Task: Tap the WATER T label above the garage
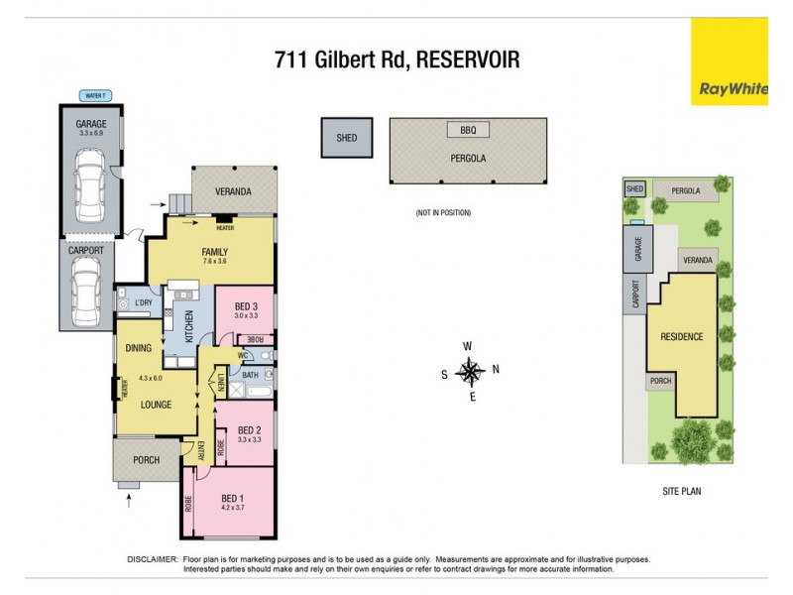pos(96,96)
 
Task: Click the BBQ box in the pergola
pos(468,130)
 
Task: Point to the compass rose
pos(472,373)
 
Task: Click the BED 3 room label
pos(247,305)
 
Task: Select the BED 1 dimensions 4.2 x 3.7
pos(232,507)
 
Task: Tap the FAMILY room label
pos(215,252)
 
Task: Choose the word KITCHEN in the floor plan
pos(187,322)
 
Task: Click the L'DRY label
pos(143,302)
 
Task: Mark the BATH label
pos(251,375)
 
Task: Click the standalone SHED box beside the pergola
pos(346,138)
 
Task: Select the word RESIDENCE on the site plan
pos(682,337)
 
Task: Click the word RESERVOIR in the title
pos(468,61)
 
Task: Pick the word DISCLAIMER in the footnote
pos(153,560)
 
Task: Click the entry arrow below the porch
pos(129,504)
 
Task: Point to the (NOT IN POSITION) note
pos(443,213)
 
